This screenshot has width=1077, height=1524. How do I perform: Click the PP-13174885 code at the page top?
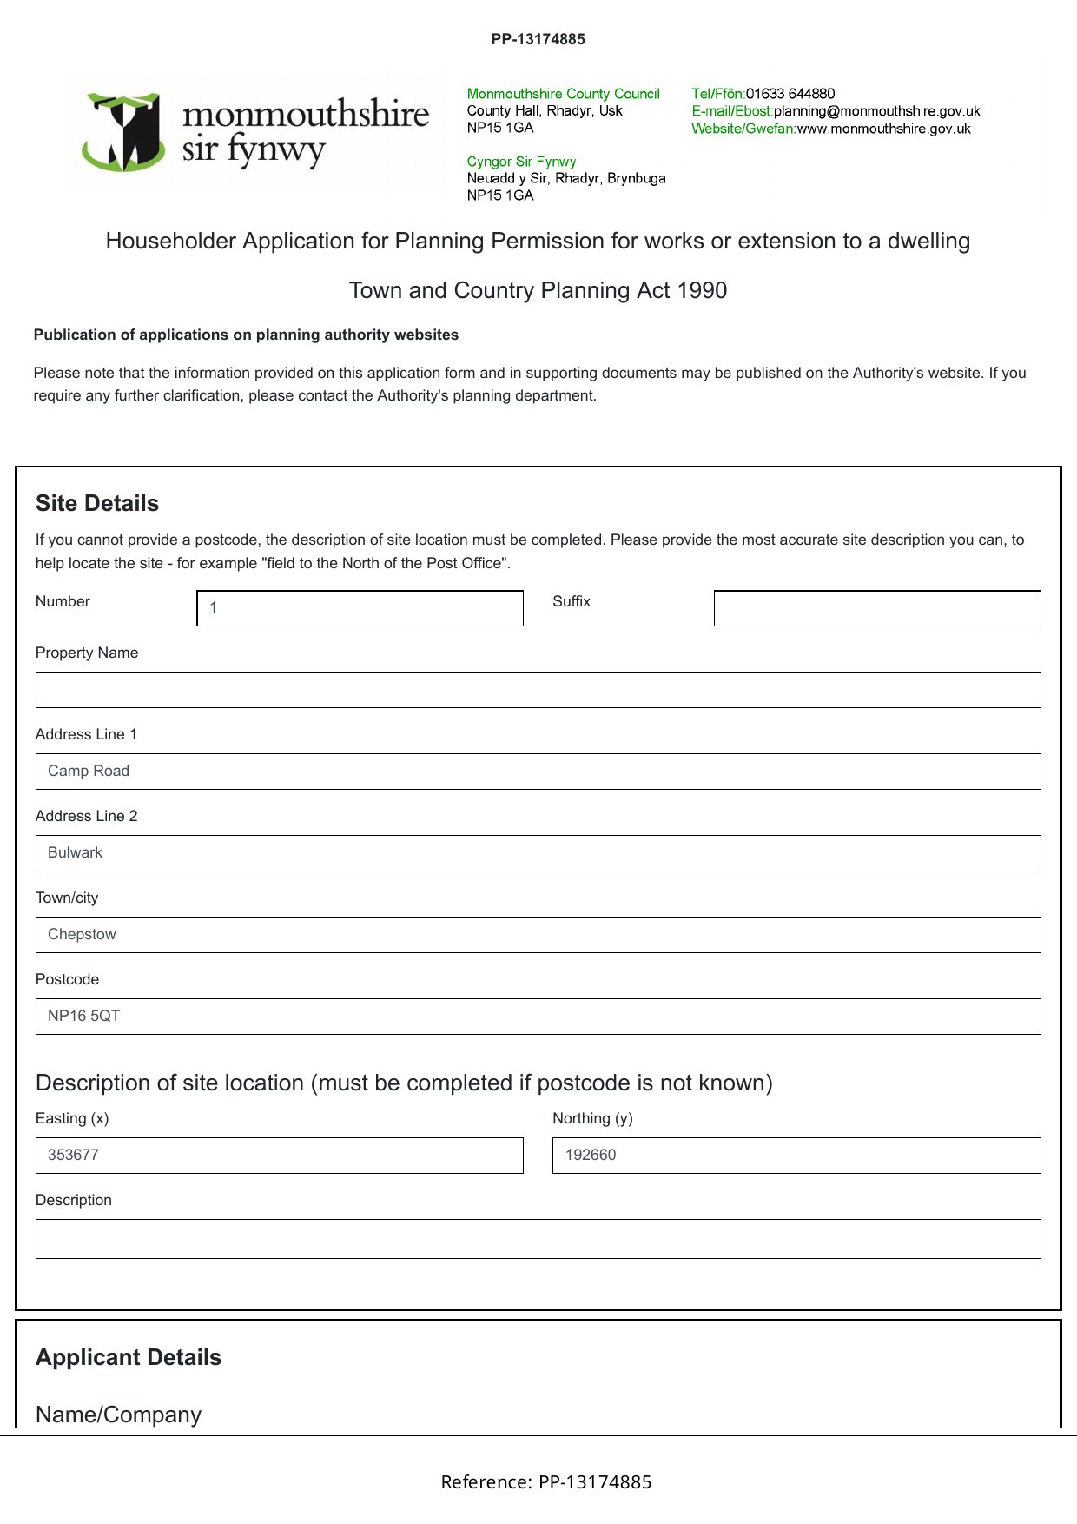(538, 39)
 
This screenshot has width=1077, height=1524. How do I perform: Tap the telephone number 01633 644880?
(790, 94)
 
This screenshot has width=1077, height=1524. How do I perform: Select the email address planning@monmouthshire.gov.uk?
(876, 111)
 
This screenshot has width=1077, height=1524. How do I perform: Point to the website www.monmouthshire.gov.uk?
(883, 129)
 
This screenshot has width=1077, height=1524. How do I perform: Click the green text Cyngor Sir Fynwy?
(521, 162)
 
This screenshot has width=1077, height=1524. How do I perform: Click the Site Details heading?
(97, 503)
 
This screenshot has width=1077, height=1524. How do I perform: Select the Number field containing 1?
(360, 608)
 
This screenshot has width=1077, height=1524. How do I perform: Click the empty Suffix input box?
(876, 608)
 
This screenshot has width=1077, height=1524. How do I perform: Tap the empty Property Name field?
(538, 690)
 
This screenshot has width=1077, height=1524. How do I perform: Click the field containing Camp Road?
(538, 772)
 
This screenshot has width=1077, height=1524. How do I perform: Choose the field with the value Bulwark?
(538, 853)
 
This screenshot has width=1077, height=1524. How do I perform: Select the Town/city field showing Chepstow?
(538, 935)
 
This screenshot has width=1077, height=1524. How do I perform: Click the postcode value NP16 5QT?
(84, 1016)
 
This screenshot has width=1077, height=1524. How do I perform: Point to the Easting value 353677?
(74, 1155)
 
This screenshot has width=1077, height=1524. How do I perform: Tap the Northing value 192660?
(591, 1155)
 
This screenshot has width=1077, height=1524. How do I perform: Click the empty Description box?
(538, 1239)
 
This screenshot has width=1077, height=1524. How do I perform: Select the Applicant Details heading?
(129, 1357)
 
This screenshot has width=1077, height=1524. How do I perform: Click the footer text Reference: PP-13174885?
(546, 1482)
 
